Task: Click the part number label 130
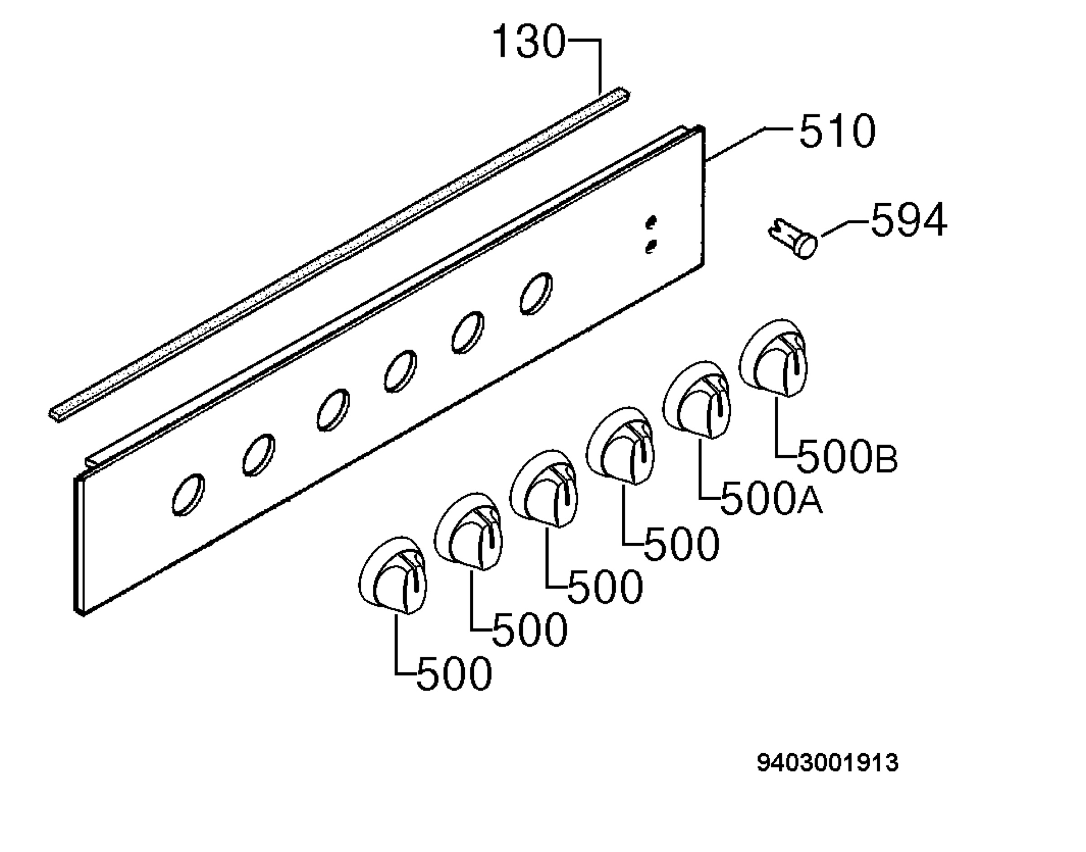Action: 529,42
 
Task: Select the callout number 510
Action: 837,131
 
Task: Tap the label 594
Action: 909,220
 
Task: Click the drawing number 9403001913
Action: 828,763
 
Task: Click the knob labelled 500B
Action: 773,358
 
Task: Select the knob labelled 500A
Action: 697,401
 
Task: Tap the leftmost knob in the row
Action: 393,576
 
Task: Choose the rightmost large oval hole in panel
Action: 536,293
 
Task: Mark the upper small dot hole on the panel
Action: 651,222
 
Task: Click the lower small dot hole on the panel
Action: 651,246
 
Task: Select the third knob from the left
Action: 544,489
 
